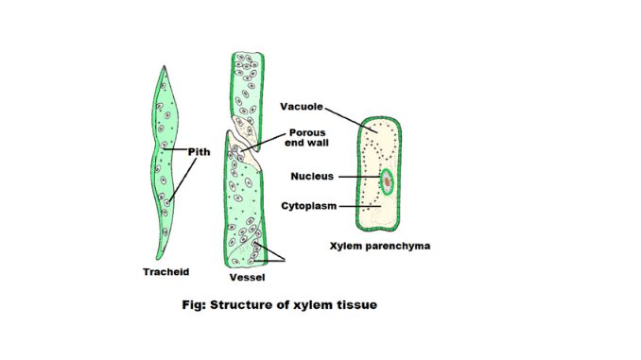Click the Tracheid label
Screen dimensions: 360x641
[x=167, y=271]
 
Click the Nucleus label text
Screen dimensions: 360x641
[x=307, y=176]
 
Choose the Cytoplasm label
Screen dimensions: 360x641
[x=306, y=203]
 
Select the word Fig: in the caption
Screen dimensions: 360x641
[x=194, y=305]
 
